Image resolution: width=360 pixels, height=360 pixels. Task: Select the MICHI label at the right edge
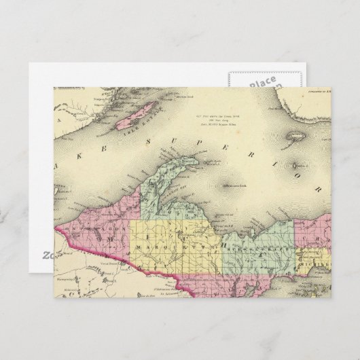tap(317, 260)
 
